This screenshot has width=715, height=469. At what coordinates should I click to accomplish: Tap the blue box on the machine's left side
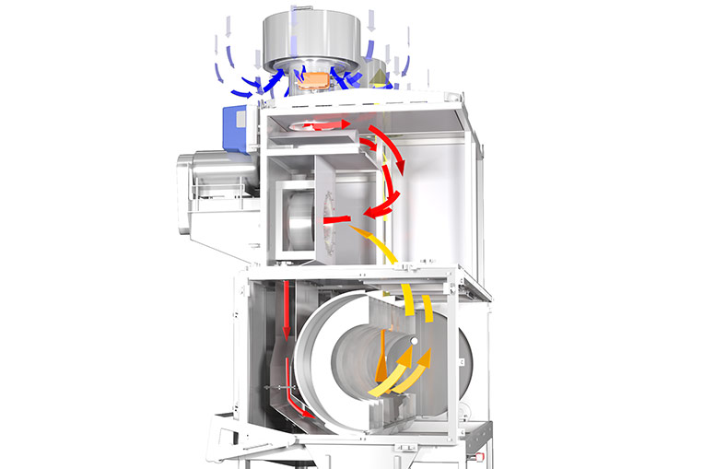(x=235, y=126)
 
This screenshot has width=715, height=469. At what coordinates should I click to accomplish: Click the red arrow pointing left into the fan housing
(x=337, y=219)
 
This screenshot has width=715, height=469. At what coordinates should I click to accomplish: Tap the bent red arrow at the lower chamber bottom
(x=299, y=410)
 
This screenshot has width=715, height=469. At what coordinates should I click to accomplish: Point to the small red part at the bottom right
(x=478, y=454)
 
